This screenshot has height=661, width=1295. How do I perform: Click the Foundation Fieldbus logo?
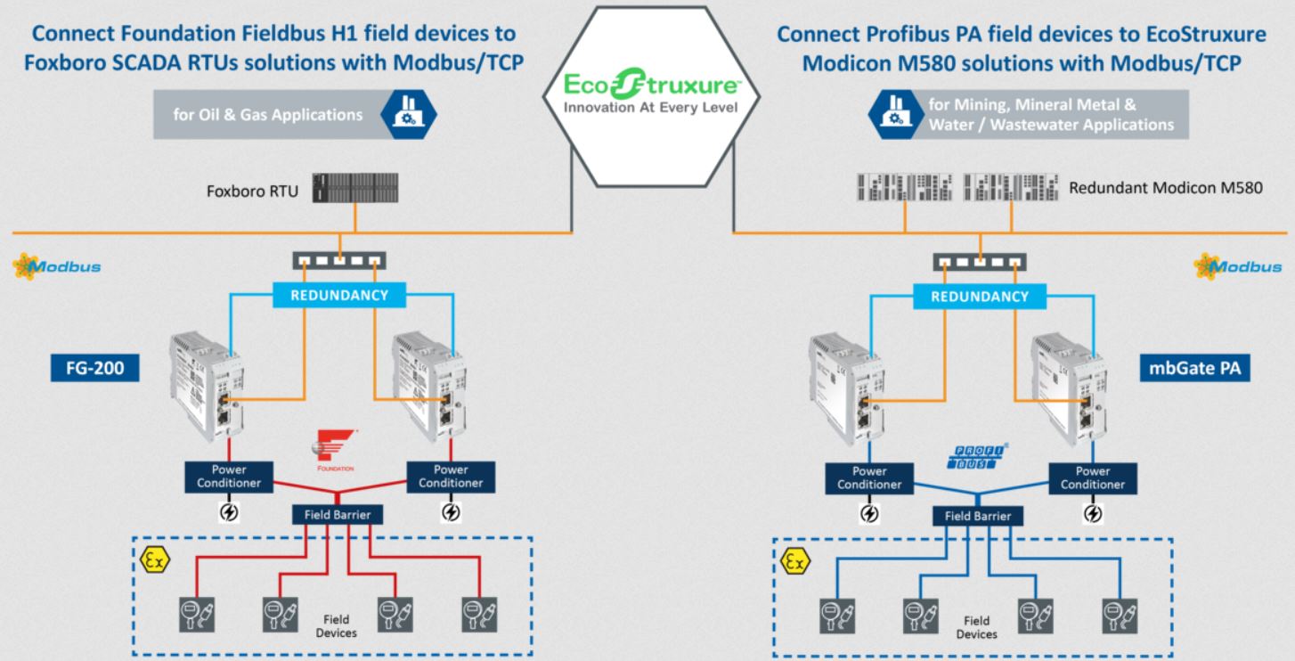pos(338,447)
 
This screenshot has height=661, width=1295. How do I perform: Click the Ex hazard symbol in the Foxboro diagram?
pos(152,560)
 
